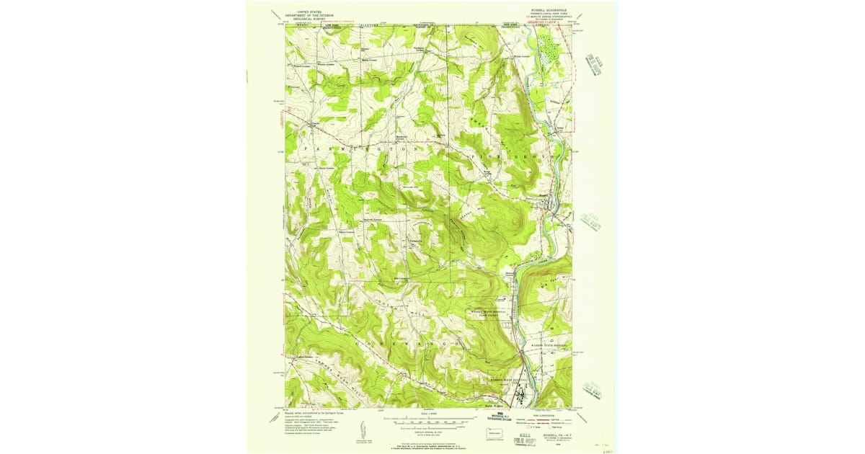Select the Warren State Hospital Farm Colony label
click(x=489, y=313)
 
